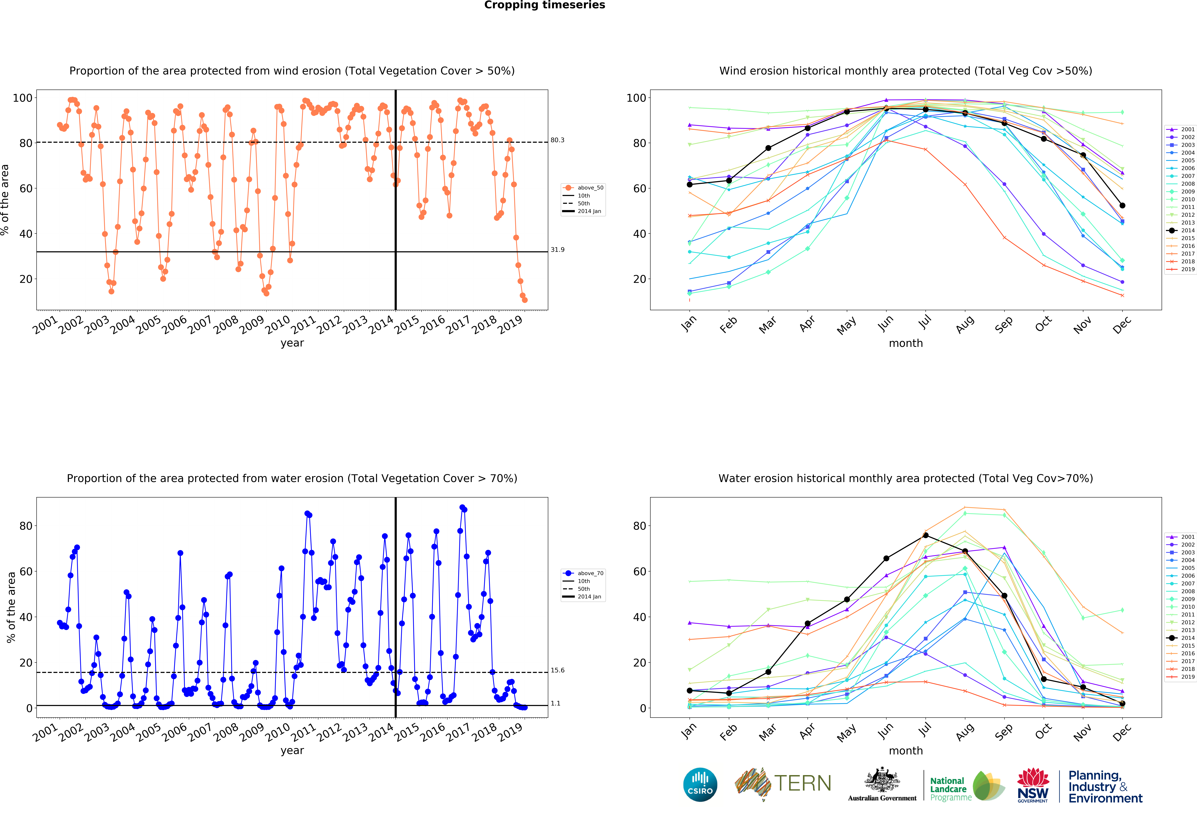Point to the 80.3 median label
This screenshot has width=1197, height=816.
[557, 140]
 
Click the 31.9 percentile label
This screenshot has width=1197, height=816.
[557, 250]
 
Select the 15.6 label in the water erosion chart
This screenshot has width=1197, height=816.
[557, 670]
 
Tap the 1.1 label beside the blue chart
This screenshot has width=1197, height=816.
[555, 703]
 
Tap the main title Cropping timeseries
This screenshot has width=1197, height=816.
[544, 5]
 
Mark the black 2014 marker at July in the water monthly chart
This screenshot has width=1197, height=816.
[926, 535]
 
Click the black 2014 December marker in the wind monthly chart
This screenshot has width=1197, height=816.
[1122, 206]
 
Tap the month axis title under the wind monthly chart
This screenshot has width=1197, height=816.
[905, 343]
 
